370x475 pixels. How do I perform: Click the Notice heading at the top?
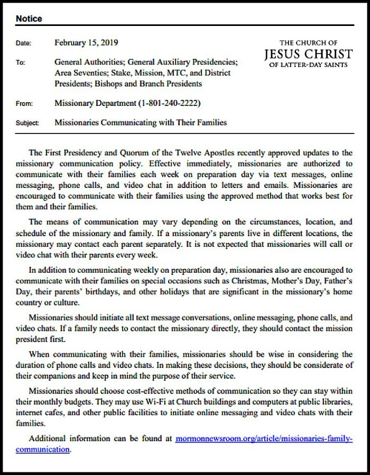(x=29, y=19)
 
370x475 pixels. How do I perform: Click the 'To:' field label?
(x=21, y=63)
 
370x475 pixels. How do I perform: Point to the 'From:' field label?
(x=24, y=103)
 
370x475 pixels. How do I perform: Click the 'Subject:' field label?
(x=27, y=123)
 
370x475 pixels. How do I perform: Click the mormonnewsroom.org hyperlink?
(x=262, y=439)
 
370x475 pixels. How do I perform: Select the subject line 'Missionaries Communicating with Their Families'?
(x=141, y=123)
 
